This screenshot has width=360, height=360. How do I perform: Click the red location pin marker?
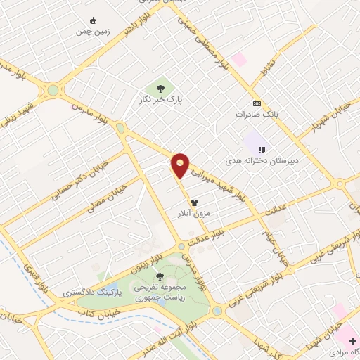pyautogui.click(x=181, y=164)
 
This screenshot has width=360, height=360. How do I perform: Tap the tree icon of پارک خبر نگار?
pyautogui.click(x=161, y=89)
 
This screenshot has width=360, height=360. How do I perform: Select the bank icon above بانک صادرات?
pyautogui.click(x=257, y=103)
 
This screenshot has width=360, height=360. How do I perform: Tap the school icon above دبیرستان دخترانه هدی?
pyautogui.click(x=262, y=149)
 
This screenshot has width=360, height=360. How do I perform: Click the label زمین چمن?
pyautogui.click(x=94, y=32)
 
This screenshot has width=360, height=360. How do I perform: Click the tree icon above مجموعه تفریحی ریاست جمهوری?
pyautogui.click(x=160, y=276)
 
